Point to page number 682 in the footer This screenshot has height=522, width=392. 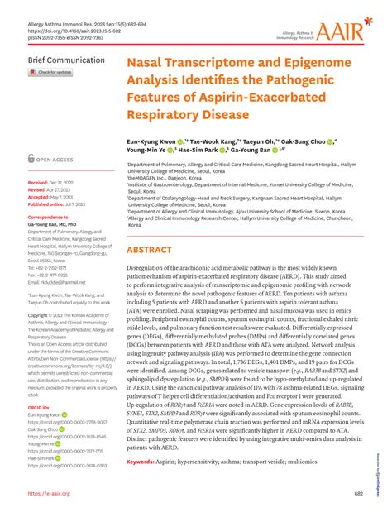[x=358, y=494]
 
